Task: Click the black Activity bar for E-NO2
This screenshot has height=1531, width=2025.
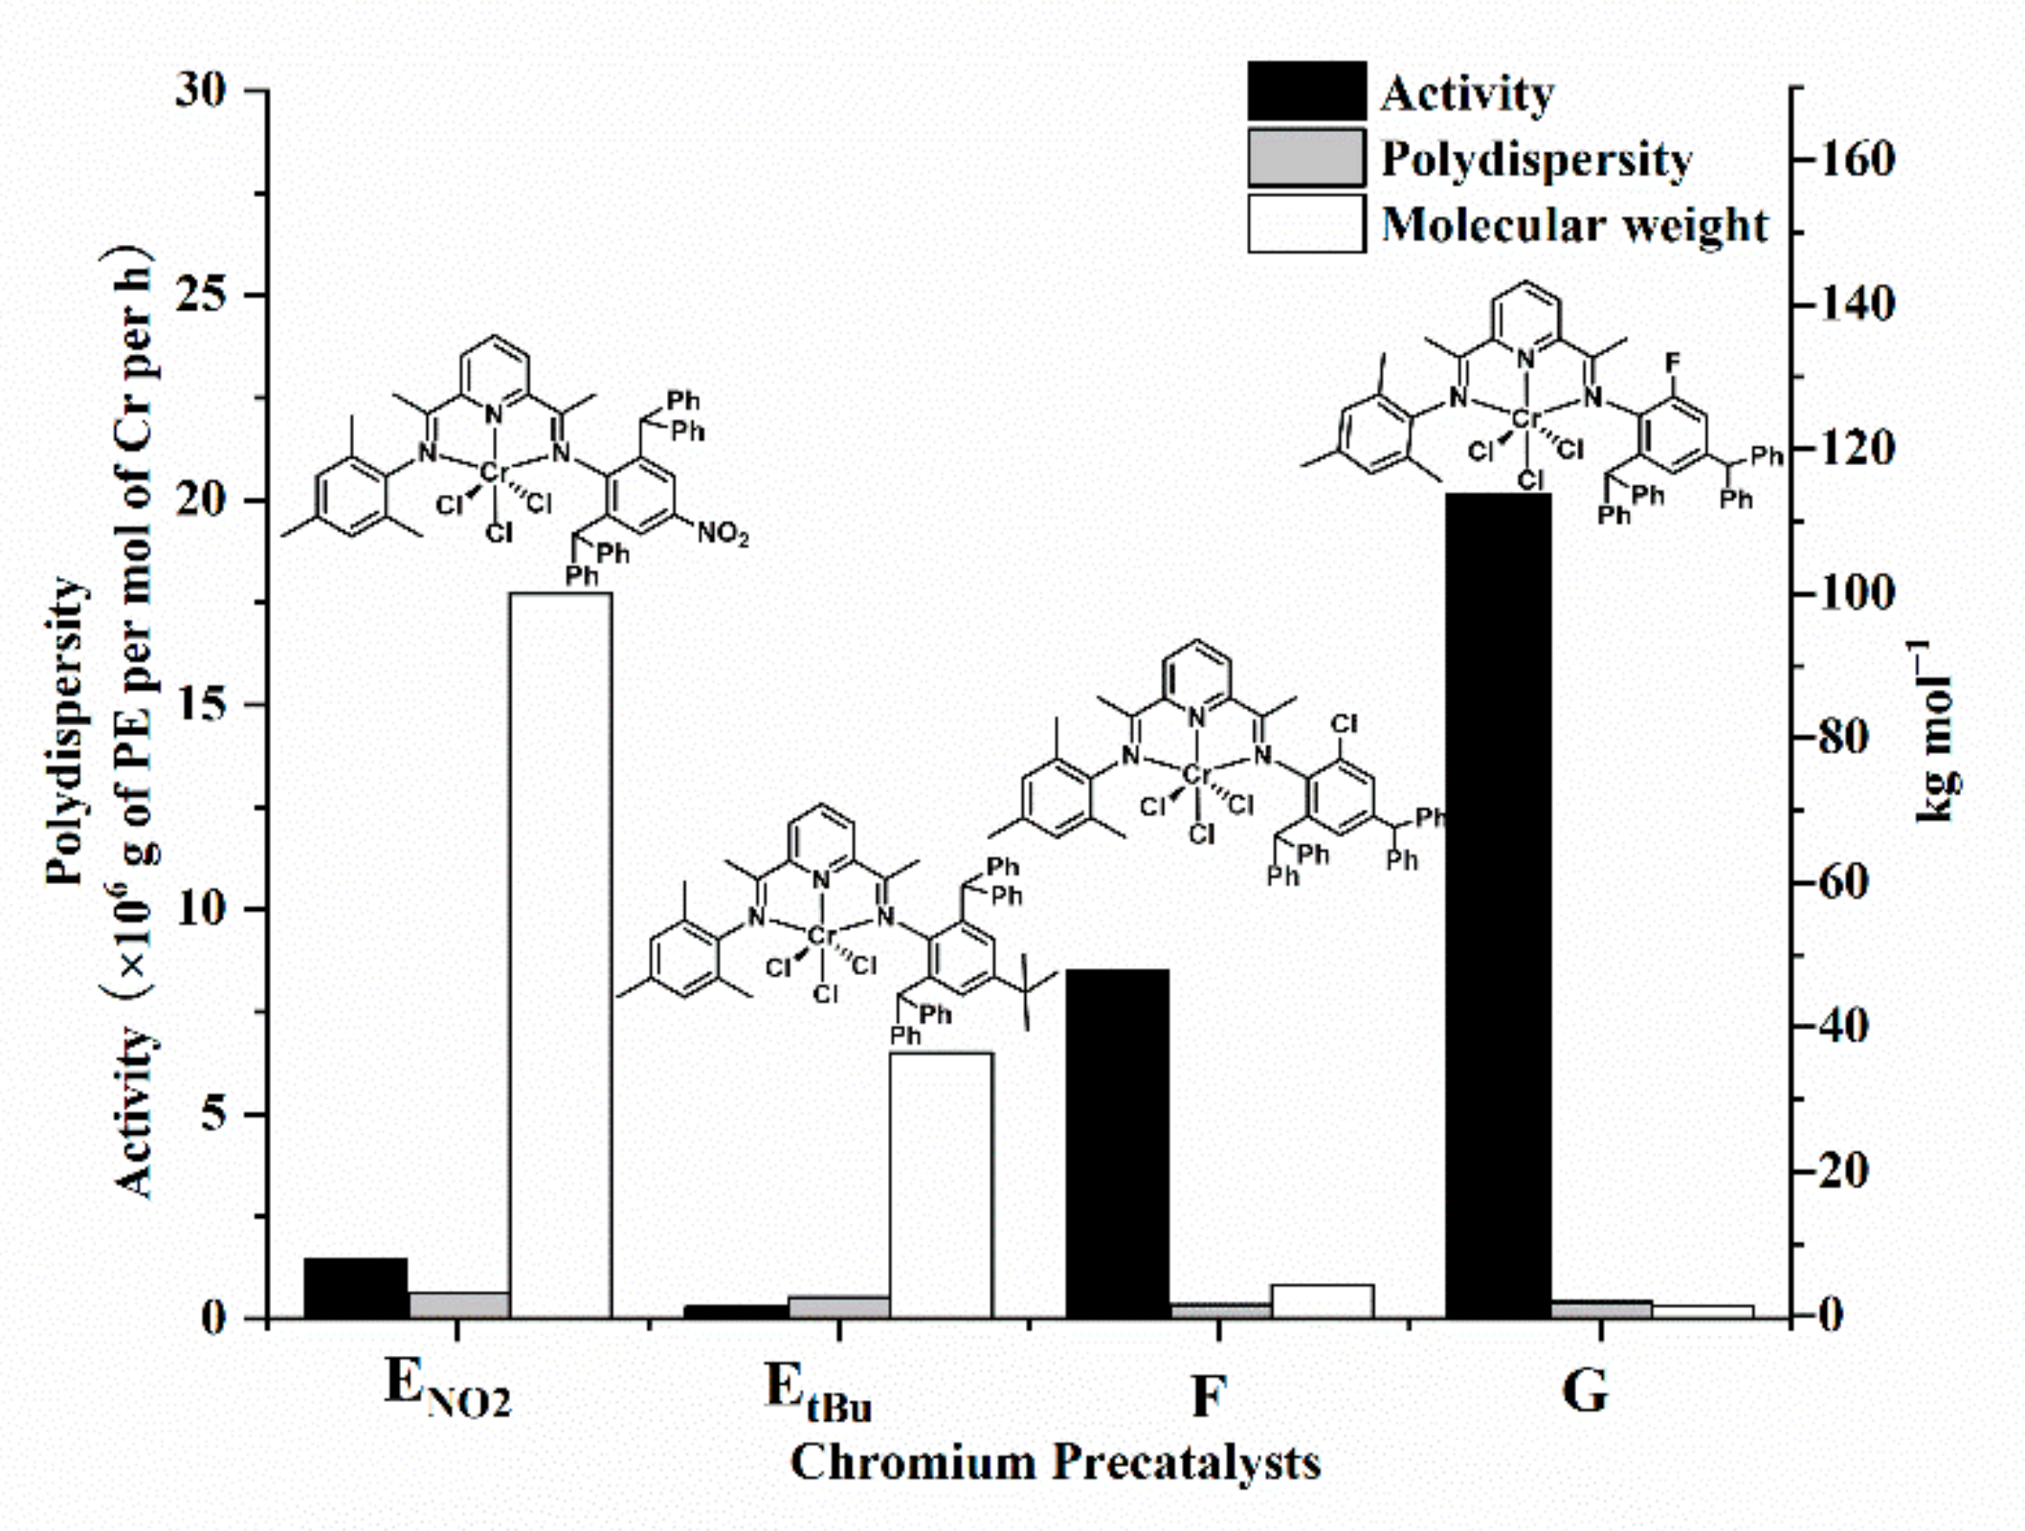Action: pyautogui.click(x=356, y=1288)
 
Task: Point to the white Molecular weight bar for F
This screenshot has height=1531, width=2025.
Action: pyautogui.click(x=1322, y=1301)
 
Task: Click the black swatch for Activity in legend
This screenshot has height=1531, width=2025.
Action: pyautogui.click(x=1306, y=92)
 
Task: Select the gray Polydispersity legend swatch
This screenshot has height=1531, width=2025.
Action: pyautogui.click(x=1306, y=158)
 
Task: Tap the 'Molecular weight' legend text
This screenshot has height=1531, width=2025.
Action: pyautogui.click(x=1574, y=226)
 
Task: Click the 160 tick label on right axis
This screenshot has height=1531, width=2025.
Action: pyautogui.click(x=1857, y=160)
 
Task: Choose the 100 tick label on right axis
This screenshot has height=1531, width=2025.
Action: pyautogui.click(x=1857, y=594)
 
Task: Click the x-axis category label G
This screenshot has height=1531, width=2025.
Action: pyautogui.click(x=1585, y=1391)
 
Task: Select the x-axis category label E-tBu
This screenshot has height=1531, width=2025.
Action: pyautogui.click(x=818, y=1393)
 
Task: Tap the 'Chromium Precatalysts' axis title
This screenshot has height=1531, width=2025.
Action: pyautogui.click(x=1055, y=1463)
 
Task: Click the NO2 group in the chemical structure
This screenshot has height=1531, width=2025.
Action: pyautogui.click(x=722, y=533)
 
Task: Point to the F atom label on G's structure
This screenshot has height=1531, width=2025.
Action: pyautogui.click(x=1672, y=363)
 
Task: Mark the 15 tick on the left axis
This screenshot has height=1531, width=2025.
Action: pyautogui.click(x=202, y=705)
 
